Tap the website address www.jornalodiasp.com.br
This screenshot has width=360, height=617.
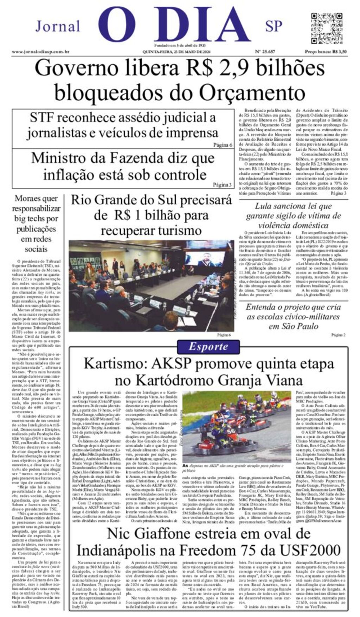(x=40, y=52)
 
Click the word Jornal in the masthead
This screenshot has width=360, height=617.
(x=58, y=26)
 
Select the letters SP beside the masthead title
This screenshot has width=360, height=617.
(x=274, y=26)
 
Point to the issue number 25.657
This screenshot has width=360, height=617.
(x=265, y=52)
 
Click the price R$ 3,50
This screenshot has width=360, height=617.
(x=339, y=52)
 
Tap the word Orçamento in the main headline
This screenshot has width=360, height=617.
(x=252, y=93)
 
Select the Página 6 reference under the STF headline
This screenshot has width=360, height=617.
(x=223, y=145)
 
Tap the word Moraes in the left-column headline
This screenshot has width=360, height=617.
(x=31, y=198)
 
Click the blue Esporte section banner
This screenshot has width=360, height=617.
(x=208, y=346)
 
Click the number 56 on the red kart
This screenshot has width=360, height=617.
(x=231, y=431)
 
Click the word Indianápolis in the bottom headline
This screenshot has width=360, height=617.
(x=121, y=551)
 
